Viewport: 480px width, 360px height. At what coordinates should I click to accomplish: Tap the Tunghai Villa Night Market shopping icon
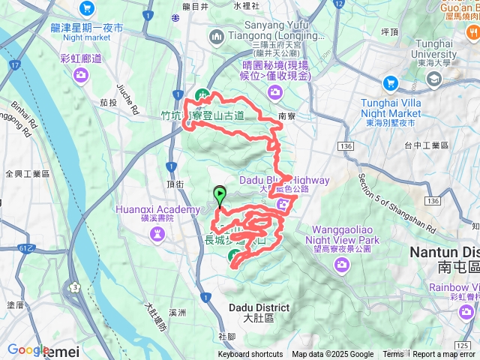(391, 82)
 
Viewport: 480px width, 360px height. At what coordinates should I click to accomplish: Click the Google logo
(28, 349)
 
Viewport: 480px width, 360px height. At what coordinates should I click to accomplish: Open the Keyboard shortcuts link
(250, 355)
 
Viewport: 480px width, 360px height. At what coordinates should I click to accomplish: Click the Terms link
(393, 355)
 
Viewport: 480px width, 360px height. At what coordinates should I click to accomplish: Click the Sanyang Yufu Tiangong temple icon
(217, 36)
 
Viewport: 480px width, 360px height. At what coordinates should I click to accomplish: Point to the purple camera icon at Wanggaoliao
(341, 265)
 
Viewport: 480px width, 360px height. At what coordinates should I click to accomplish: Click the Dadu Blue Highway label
(284, 180)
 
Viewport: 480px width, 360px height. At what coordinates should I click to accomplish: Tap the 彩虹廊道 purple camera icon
(82, 75)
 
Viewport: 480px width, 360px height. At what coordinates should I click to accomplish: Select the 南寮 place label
(286, 116)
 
